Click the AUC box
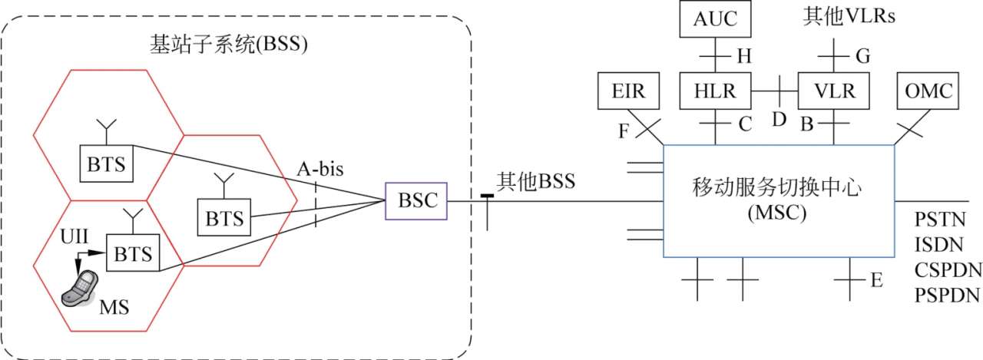click(x=715, y=20)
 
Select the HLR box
click(x=715, y=91)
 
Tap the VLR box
click(x=833, y=91)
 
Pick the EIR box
click(x=624, y=91)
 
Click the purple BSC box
click(x=417, y=201)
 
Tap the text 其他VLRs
click(x=840, y=16)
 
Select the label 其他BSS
click(x=535, y=182)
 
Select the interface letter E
click(x=876, y=281)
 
